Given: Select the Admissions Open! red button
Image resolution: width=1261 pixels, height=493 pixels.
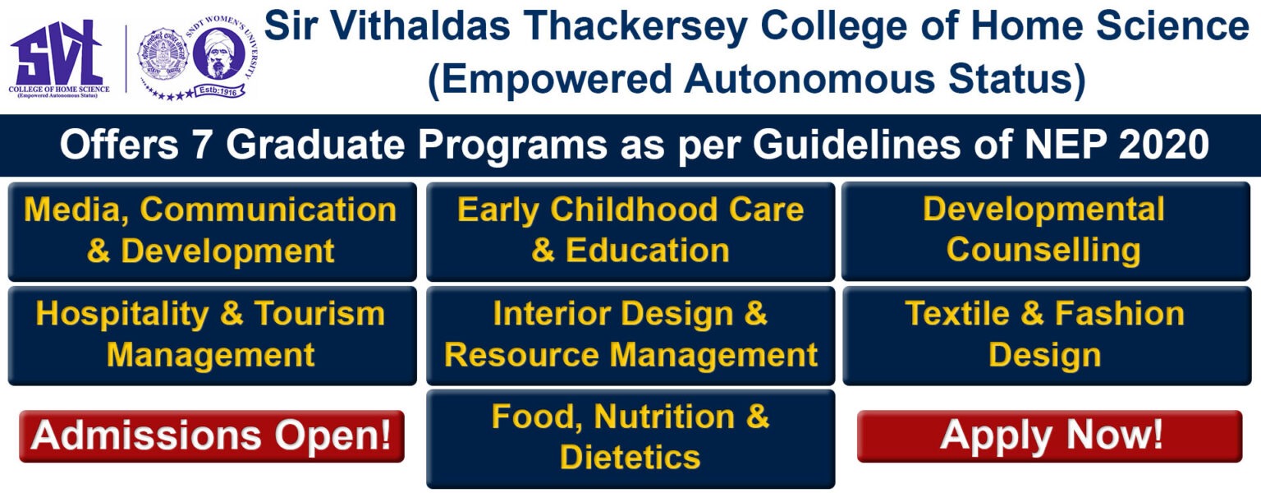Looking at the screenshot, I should coord(211,435).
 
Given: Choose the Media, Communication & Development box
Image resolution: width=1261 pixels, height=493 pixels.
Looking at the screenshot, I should coord(212,231).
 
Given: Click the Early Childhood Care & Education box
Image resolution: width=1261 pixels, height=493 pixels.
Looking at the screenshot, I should coord(630,231).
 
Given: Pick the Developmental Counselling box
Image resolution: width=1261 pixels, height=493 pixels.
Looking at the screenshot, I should coord(1045,231).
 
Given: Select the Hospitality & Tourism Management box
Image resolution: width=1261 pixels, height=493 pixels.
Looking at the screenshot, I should coord(212,335).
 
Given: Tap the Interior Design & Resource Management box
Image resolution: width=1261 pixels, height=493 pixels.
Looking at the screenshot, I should coord(630,335).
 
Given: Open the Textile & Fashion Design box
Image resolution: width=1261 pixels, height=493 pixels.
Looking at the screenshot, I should coord(1045,335).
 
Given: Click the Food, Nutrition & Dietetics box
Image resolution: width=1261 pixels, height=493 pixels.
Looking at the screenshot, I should coord(630,439).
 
